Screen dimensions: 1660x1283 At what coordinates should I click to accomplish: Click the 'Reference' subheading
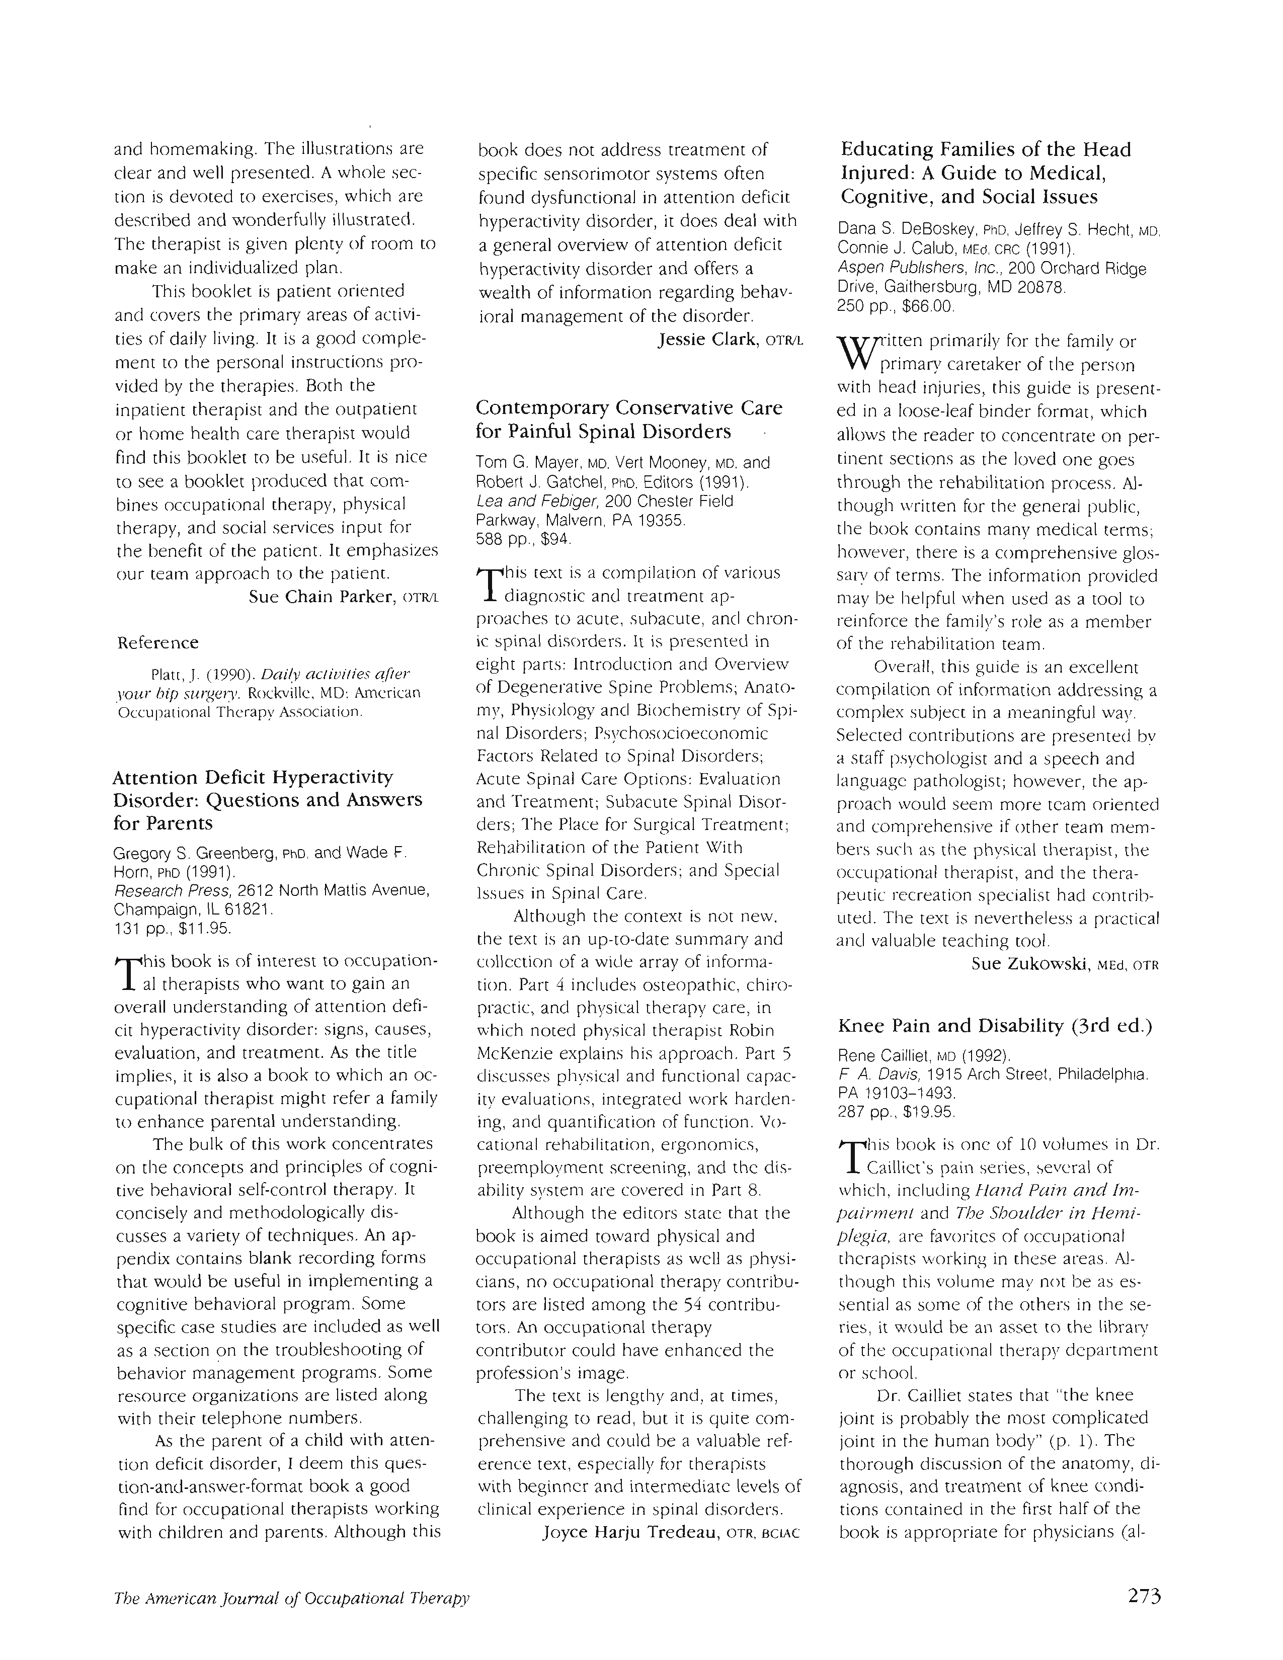pos(157,643)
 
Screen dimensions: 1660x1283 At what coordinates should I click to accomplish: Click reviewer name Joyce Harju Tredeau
pos(630,1532)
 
